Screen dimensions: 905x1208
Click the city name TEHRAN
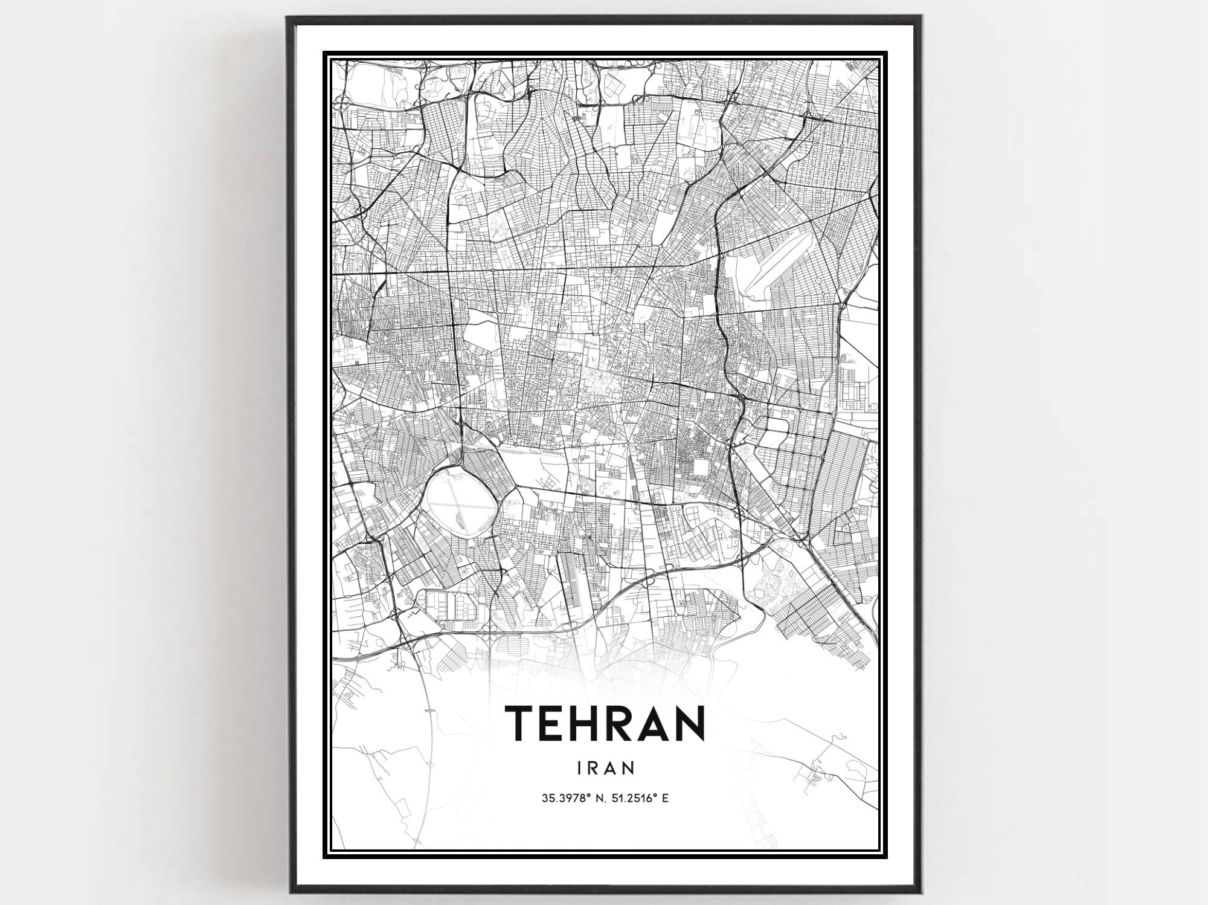pos(604,723)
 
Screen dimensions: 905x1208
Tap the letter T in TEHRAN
pos(519,723)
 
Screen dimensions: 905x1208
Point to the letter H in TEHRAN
pos(592,723)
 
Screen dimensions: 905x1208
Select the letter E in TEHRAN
pos(554,723)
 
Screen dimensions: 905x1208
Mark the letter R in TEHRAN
pos(625,723)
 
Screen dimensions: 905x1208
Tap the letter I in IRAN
pos(580,767)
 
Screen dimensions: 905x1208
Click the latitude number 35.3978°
pos(564,798)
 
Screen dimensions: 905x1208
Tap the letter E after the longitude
pos(665,798)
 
